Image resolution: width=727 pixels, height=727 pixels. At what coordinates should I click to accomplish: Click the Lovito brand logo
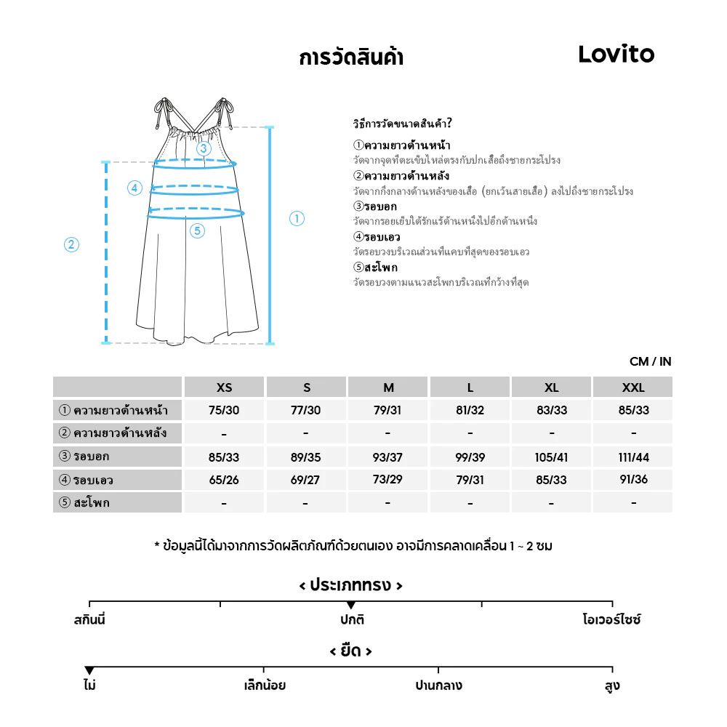616,54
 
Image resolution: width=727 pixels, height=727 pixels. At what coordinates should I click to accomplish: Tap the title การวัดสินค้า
350,57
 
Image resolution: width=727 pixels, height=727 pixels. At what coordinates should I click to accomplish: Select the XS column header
224,387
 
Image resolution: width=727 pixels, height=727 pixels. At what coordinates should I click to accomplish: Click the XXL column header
633,387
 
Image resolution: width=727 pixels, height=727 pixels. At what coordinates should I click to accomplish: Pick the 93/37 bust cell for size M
387,457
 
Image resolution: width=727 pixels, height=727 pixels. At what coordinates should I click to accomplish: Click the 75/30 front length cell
224,410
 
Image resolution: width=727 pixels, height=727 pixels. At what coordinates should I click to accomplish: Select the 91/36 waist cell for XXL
633,480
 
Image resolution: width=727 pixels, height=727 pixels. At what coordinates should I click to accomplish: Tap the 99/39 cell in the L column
470,457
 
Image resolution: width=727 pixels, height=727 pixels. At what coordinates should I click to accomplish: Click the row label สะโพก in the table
90,502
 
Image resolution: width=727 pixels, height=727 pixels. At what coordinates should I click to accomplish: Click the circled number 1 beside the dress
297,218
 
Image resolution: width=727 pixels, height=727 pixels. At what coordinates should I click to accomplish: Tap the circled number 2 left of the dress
71,244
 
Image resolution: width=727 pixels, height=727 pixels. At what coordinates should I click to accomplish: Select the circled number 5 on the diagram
198,231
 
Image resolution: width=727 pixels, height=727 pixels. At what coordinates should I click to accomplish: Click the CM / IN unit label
650,361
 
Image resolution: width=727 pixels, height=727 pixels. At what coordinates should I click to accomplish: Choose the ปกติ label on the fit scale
351,620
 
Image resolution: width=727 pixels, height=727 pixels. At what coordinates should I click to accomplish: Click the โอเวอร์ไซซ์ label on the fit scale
611,620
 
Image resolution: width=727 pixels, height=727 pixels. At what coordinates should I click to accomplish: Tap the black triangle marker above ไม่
89,670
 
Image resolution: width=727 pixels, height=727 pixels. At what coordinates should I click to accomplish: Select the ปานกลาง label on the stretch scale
438,686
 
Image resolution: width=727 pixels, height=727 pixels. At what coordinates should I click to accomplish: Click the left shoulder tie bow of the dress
161,109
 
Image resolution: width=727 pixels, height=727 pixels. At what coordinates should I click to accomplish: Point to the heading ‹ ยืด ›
350,651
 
